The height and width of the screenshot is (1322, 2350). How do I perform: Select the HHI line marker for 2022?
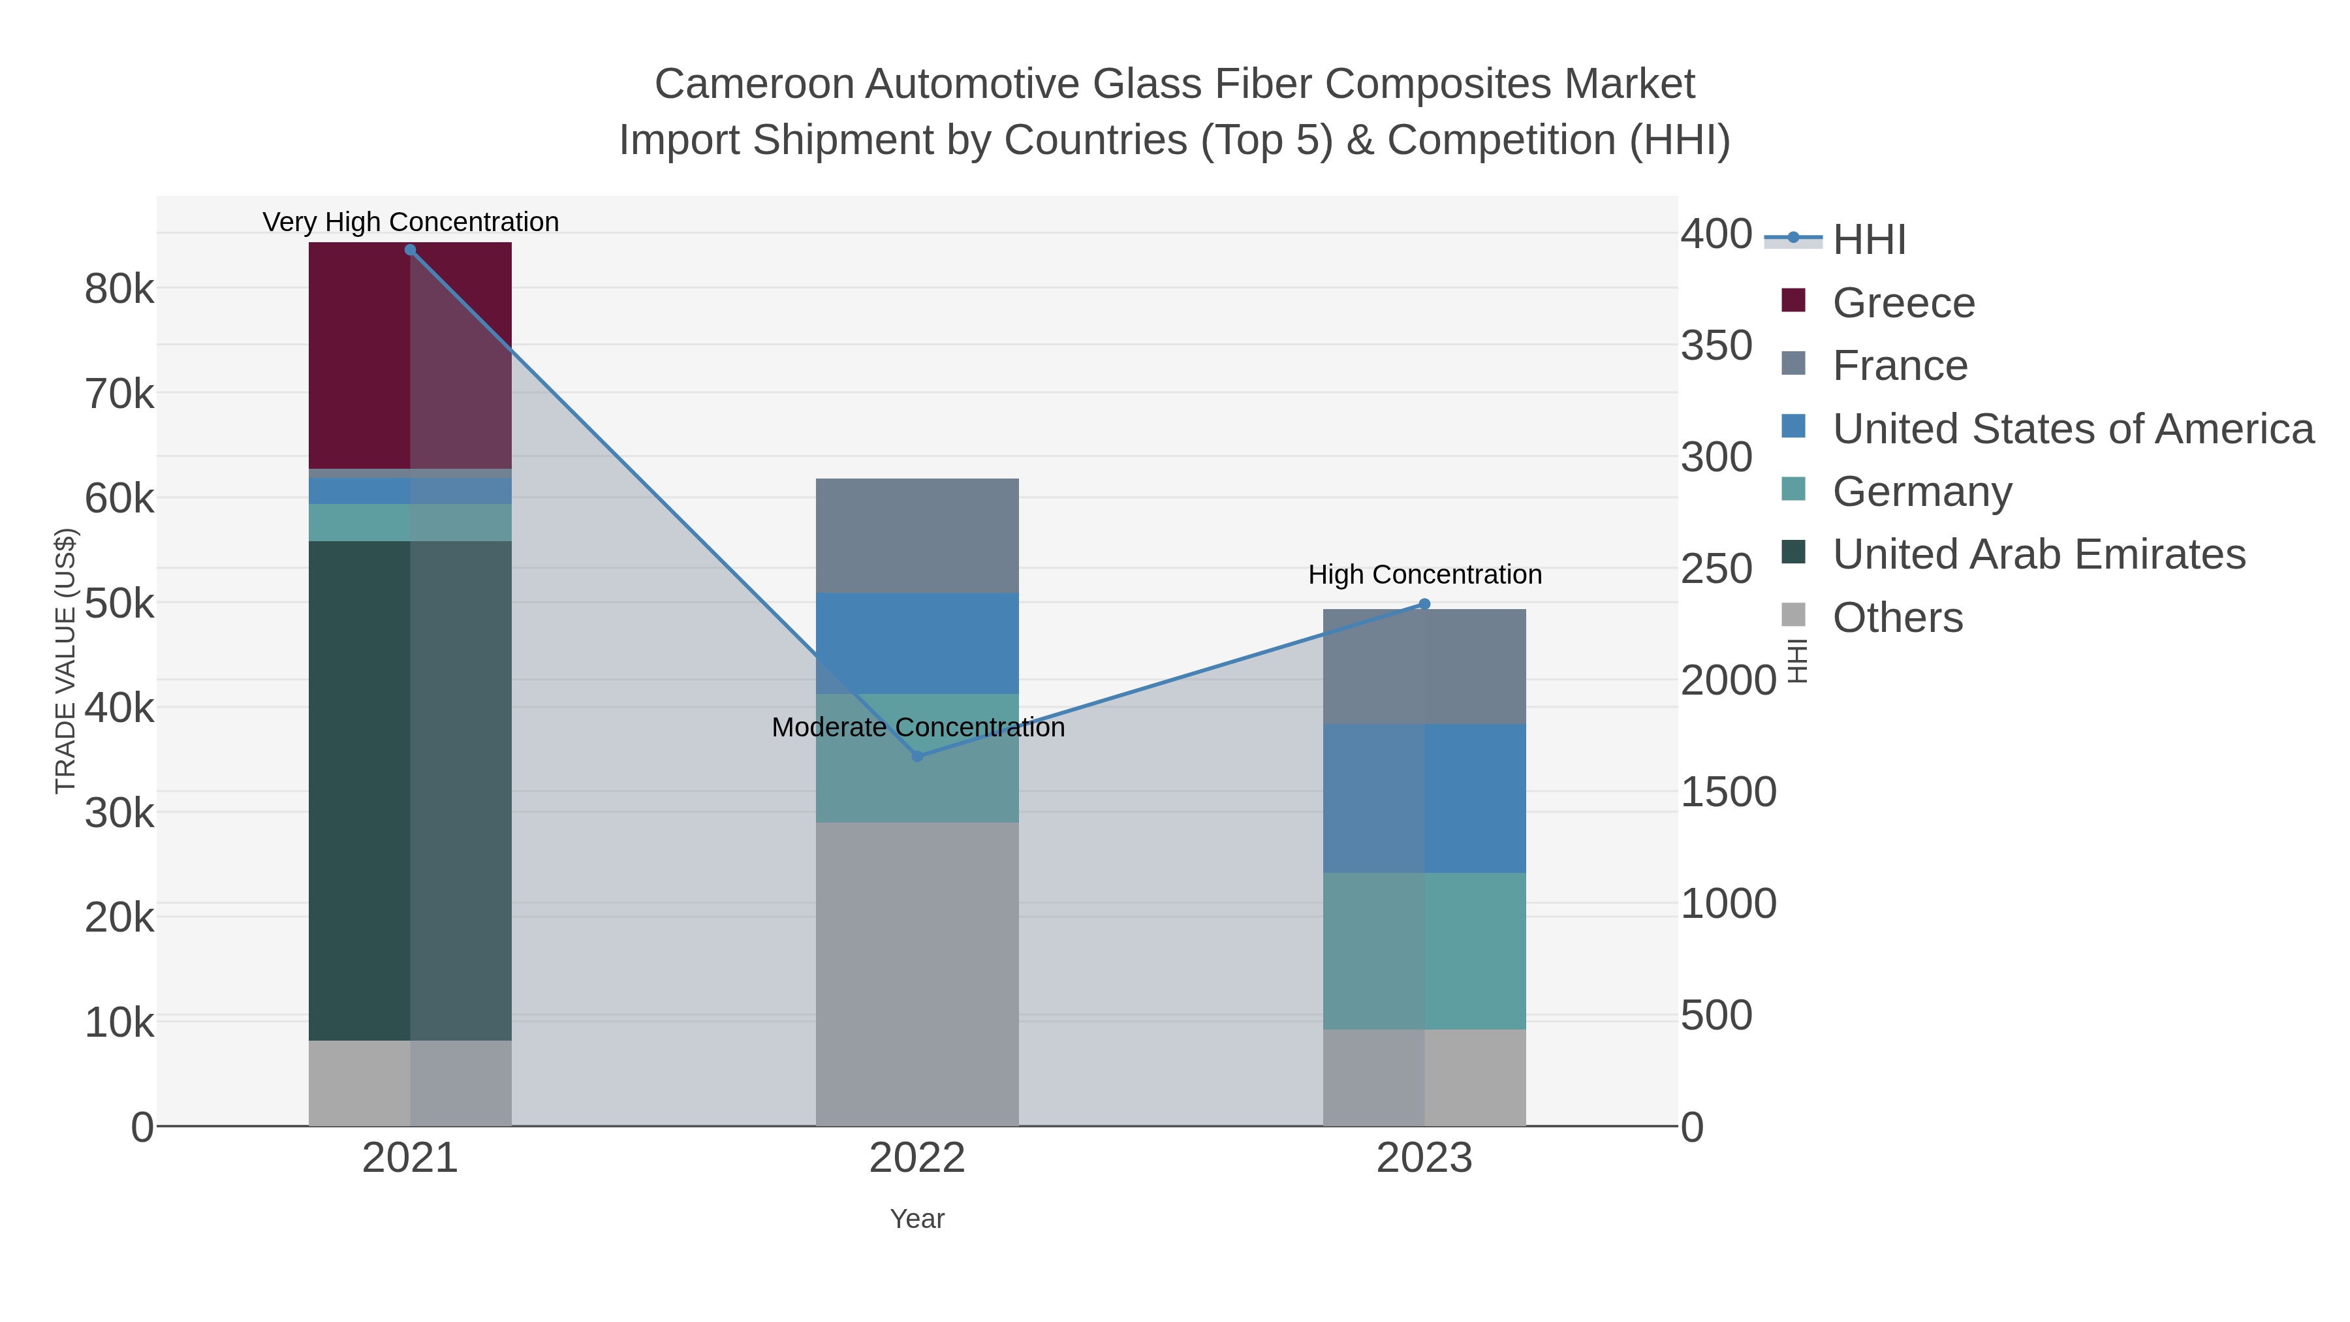(x=918, y=757)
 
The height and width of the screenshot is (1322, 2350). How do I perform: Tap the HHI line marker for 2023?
(x=1425, y=604)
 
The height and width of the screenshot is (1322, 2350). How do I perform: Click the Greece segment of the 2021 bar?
(x=360, y=356)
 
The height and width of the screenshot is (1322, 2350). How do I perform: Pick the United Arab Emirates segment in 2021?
(x=360, y=790)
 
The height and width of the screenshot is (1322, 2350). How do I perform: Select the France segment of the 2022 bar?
(x=917, y=535)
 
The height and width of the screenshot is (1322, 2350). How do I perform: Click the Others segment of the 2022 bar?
(x=917, y=973)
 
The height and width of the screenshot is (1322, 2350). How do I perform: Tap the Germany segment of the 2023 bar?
(x=1424, y=951)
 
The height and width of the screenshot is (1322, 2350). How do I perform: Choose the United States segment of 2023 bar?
(x=1424, y=798)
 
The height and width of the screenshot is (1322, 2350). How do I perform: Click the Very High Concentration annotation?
(x=411, y=222)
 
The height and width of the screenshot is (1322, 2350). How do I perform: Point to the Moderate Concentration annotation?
(x=918, y=727)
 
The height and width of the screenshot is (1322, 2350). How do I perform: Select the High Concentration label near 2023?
(x=1425, y=574)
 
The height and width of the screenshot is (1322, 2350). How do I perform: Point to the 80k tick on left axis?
(x=119, y=289)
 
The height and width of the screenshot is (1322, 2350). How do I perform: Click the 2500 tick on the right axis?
(x=1716, y=569)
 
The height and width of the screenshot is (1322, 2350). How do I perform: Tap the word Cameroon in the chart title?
(x=755, y=84)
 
